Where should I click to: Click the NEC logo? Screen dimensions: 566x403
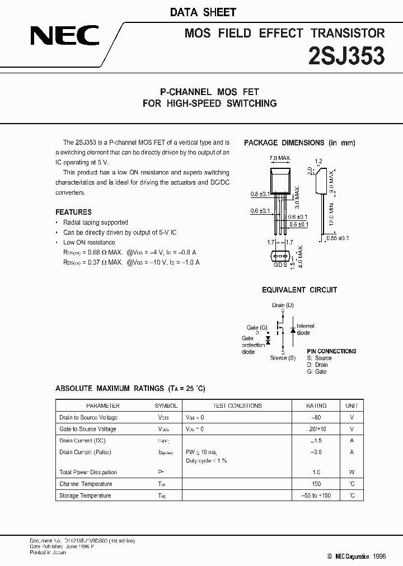tap(64, 37)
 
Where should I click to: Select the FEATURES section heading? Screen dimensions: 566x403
tap(73, 212)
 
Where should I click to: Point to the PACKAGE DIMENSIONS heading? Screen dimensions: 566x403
tap(299, 143)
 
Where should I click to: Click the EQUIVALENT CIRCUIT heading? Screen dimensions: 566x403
tap(299, 290)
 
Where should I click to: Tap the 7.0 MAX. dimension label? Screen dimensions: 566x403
tap(280, 158)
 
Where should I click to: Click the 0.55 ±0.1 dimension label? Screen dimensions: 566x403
tap(338, 238)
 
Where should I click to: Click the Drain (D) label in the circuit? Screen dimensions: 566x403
tap(283, 305)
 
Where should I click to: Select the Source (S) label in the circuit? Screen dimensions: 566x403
tap(283, 358)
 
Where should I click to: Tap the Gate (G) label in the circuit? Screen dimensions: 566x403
tap(257, 327)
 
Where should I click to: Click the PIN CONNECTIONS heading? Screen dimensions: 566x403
tap(331, 351)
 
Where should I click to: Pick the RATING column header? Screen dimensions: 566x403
tap(316, 405)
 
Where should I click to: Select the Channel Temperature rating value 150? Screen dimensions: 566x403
tap(316, 484)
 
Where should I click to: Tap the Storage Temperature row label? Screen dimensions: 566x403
tap(85, 496)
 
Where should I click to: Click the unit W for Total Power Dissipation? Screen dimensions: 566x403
tap(352, 472)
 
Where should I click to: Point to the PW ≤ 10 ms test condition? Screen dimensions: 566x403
tap(201, 452)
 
